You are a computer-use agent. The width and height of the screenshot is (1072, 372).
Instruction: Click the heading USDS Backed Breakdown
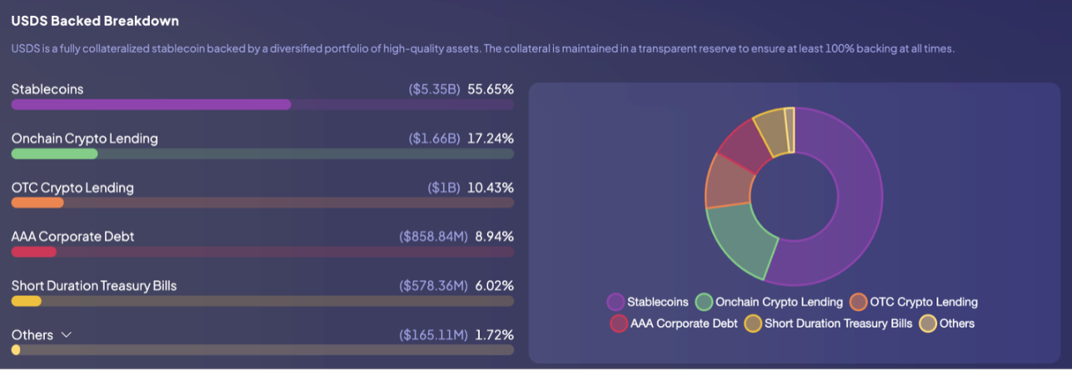(x=95, y=21)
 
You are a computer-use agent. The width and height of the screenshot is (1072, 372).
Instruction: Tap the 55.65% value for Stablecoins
(x=491, y=89)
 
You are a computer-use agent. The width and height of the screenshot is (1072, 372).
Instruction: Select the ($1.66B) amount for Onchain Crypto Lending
(x=434, y=138)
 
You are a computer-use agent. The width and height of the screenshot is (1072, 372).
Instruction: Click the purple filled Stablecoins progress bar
(x=151, y=105)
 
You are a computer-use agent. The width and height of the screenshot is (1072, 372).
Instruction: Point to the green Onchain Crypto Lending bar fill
(x=54, y=154)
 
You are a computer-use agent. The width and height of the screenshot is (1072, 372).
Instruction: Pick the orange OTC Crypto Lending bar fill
(x=37, y=203)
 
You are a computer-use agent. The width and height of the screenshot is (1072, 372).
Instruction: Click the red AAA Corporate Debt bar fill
(x=34, y=252)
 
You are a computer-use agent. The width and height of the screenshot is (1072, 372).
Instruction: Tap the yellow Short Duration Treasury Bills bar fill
(x=26, y=301)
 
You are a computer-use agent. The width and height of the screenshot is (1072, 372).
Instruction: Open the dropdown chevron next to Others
(x=67, y=335)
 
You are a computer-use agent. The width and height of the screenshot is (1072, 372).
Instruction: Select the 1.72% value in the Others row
(x=494, y=335)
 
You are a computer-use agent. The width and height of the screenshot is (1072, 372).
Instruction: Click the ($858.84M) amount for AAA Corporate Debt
(x=433, y=237)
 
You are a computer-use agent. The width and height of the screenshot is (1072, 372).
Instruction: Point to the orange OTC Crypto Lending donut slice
(x=726, y=179)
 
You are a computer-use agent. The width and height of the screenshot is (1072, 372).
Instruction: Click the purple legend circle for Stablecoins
(x=616, y=302)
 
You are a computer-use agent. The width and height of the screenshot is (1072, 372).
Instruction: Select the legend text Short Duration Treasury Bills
(x=838, y=324)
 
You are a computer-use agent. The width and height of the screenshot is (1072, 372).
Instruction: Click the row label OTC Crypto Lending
(x=72, y=188)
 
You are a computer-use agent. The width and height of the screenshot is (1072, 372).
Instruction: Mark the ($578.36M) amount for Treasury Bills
(x=433, y=286)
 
